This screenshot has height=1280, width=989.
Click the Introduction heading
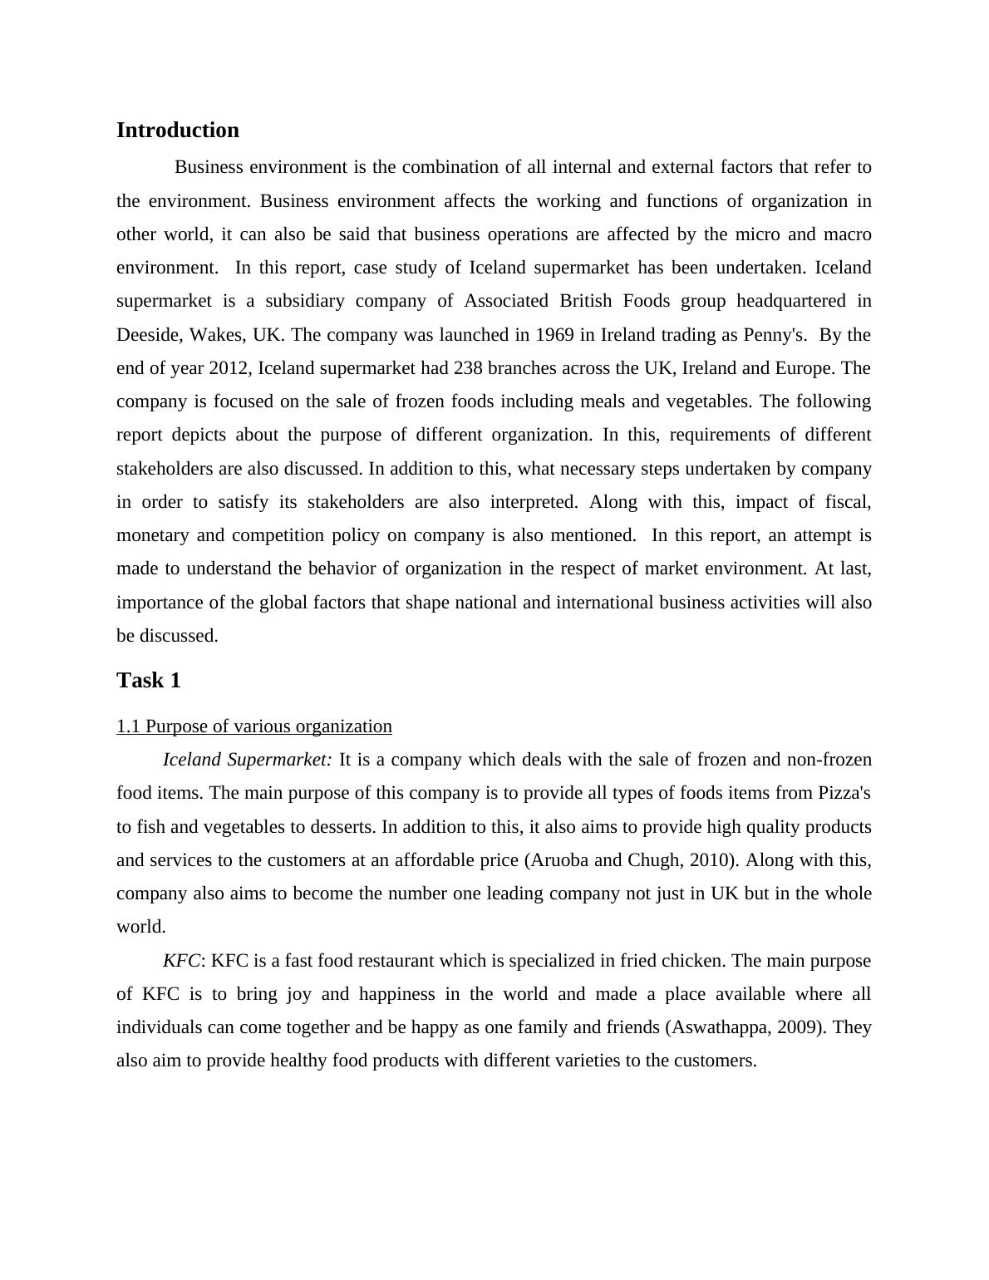(x=177, y=130)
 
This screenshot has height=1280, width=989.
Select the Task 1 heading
(x=149, y=681)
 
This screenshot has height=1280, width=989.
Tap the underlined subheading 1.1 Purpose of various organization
(x=254, y=726)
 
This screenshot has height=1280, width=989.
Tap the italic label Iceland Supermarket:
(x=247, y=760)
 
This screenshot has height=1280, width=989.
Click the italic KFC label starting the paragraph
(x=181, y=961)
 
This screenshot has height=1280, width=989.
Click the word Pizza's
(x=844, y=793)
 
